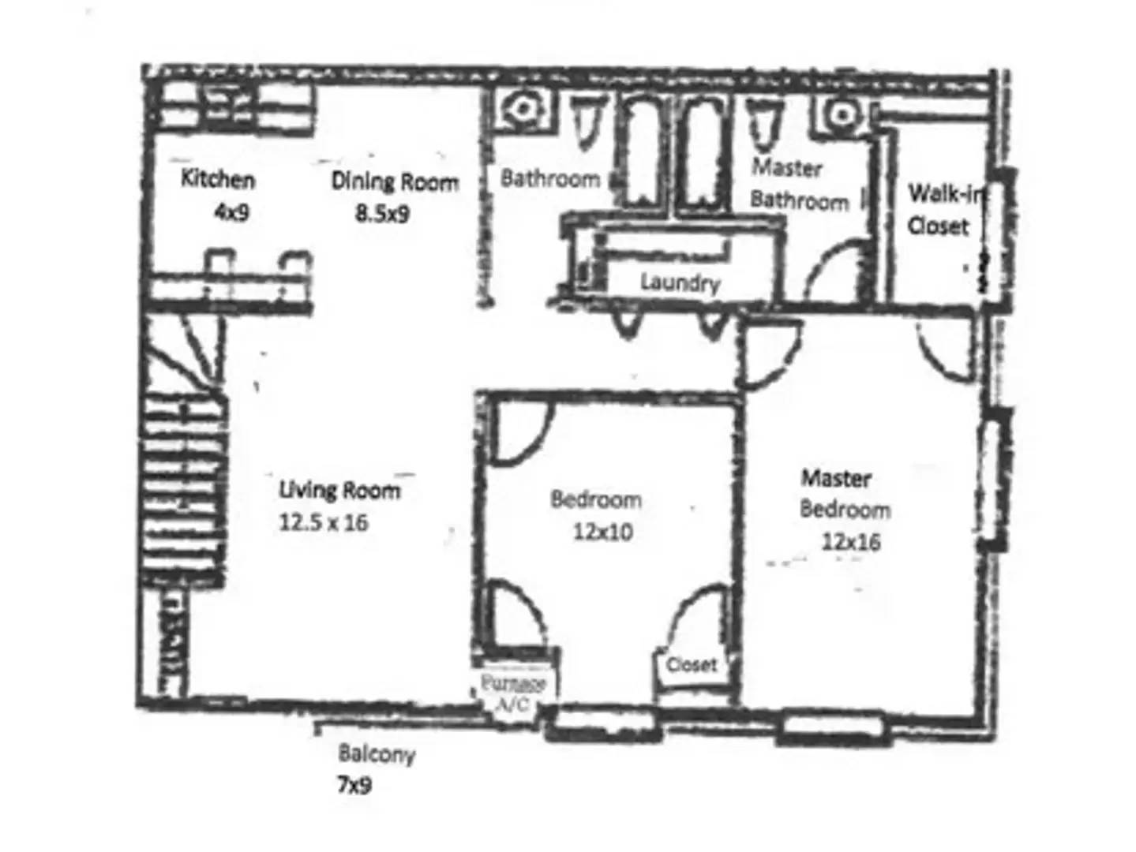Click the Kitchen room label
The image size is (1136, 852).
tap(218, 179)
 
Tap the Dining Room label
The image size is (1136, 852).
tap(395, 181)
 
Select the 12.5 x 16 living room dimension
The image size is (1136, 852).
tap(323, 522)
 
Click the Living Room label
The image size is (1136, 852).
tap(339, 490)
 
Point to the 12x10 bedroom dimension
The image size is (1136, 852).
tap(602, 532)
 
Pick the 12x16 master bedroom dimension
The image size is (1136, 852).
tap(850, 542)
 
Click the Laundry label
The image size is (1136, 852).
tap(680, 282)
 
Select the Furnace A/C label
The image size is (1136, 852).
tap(513, 693)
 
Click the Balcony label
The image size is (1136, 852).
tap(377, 753)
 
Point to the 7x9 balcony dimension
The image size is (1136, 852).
tap(354, 785)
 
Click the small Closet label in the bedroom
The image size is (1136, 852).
tap(692, 664)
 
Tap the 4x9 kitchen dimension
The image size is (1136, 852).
tap(231, 211)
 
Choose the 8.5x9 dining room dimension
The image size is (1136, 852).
tap(382, 213)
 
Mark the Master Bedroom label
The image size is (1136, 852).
tap(842, 494)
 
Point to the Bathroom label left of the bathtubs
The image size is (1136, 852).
tap(550, 178)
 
